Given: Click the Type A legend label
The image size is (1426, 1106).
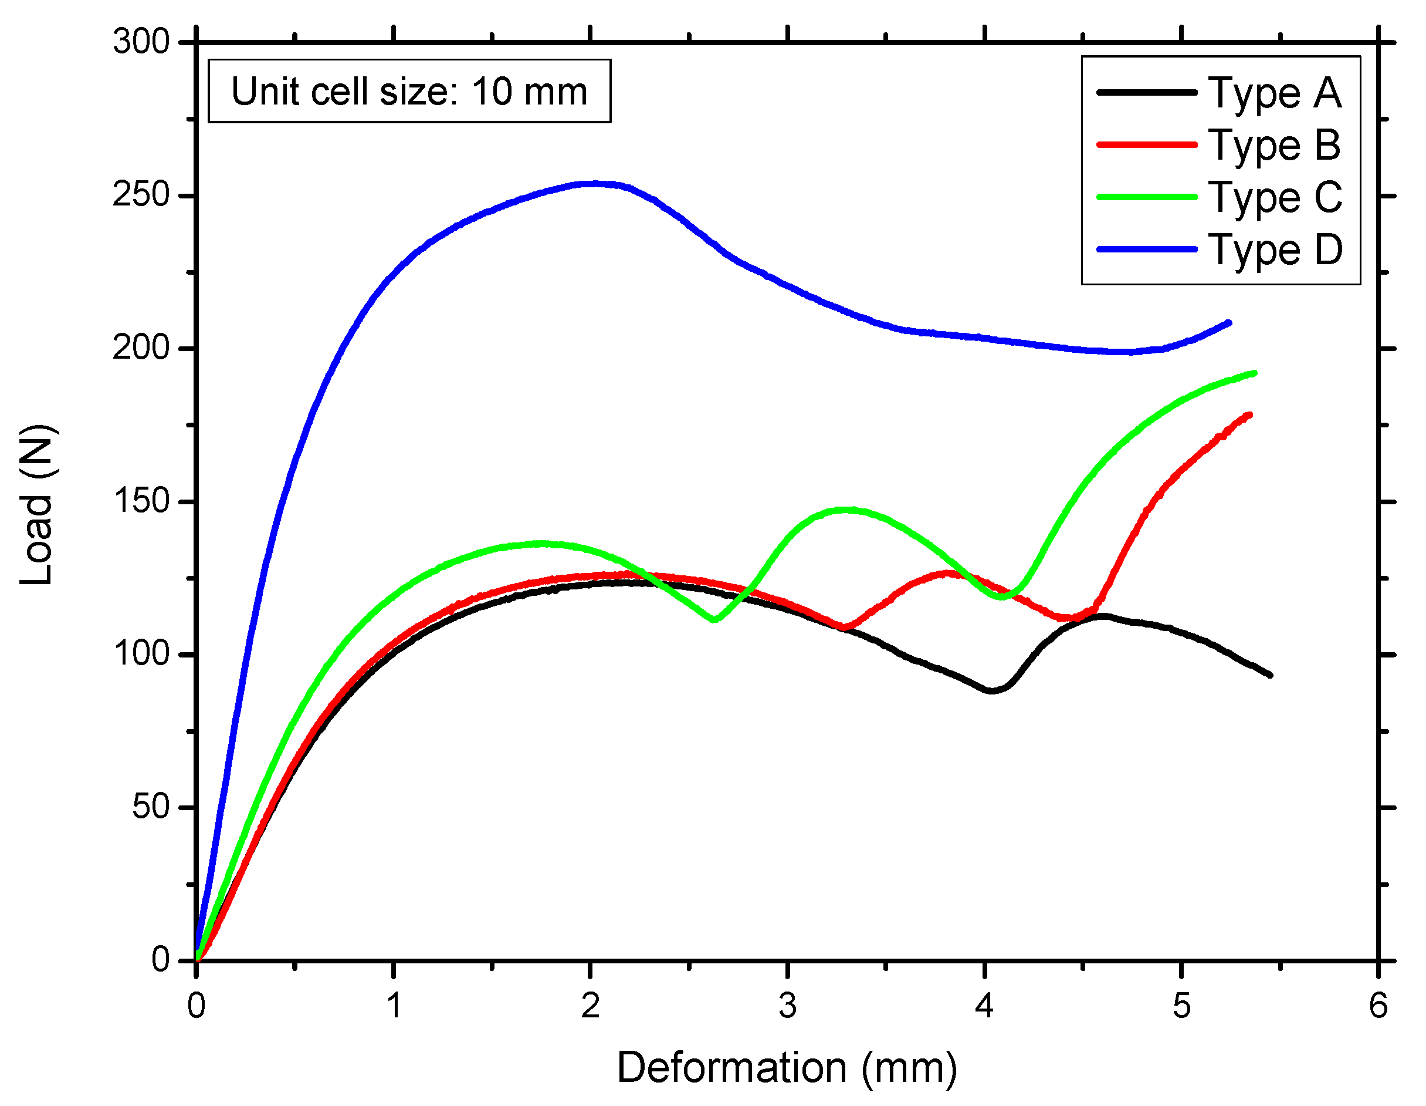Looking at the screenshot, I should pos(1275,93).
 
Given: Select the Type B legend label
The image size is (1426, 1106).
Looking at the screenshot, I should pos(1275,146).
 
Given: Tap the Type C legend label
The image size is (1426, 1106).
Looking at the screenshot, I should pos(1275,198).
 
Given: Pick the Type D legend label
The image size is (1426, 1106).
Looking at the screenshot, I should pos(1275,250).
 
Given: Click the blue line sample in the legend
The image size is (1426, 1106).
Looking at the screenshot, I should pos(1147,249).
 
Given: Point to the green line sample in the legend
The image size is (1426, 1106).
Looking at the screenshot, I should pos(1147,197).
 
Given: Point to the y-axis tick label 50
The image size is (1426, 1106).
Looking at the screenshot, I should pos(151,807).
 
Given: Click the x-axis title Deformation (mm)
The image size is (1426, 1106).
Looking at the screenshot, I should pos(787,1068).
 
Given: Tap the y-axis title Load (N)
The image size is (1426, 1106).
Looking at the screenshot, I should pos(36,505).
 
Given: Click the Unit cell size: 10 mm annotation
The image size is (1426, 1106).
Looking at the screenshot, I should pos(409,92).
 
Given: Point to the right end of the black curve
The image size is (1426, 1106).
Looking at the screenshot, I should pos(1270,675).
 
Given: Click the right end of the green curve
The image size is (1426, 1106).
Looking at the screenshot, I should pos(1254,373).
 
